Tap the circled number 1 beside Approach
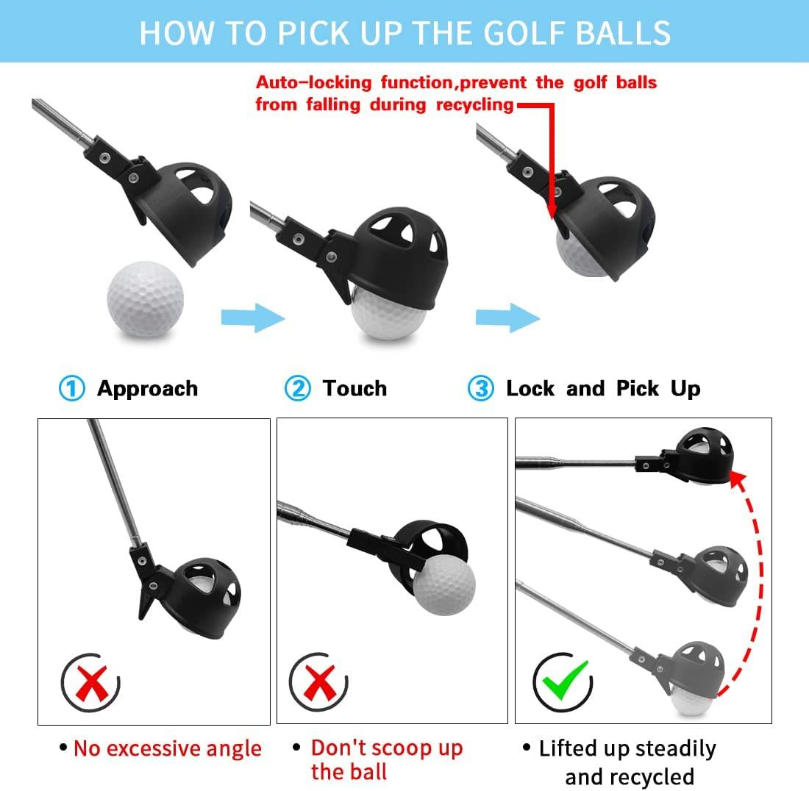pyautogui.click(x=72, y=388)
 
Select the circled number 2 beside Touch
pyautogui.click(x=298, y=388)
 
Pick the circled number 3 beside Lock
pyautogui.click(x=481, y=388)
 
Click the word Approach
pyautogui.click(x=148, y=389)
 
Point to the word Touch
pyautogui.click(x=354, y=388)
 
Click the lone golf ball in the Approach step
pyautogui.click(x=146, y=299)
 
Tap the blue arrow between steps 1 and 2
pyautogui.click(x=253, y=318)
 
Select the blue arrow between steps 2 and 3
pyautogui.click(x=507, y=318)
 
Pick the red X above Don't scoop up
pyautogui.click(x=320, y=683)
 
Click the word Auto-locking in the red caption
pyautogui.click(x=314, y=82)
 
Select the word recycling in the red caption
pyautogui.click(x=475, y=104)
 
